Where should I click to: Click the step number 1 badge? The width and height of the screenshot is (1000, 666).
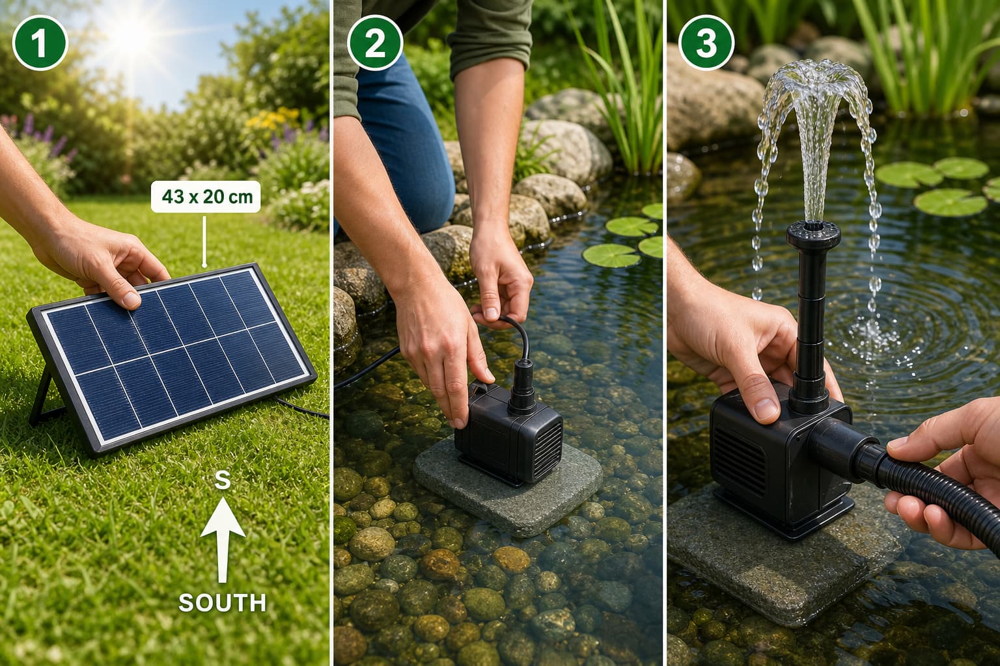pos(40,44)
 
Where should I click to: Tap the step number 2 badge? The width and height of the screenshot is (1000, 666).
pos(375,44)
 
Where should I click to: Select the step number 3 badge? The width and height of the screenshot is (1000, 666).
pos(706,44)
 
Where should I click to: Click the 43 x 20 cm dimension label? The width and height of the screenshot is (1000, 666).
pos(206,196)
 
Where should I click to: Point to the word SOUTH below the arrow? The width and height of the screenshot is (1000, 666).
pos(222,603)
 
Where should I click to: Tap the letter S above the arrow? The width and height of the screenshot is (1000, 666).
pos(222,480)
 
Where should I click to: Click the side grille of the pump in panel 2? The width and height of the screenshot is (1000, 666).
pos(548,448)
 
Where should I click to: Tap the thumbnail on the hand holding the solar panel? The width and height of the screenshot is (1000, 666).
pos(132,299)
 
